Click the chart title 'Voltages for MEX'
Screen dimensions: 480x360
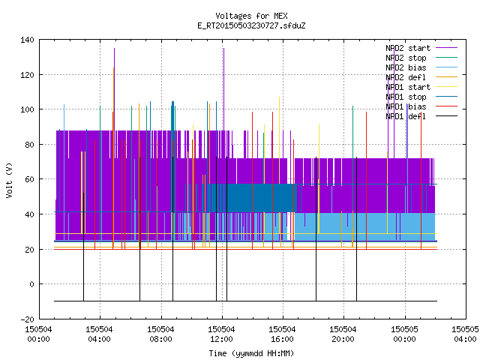(x=251, y=16)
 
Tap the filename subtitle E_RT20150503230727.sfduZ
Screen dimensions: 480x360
(x=251, y=25)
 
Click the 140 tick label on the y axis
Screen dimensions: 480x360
(x=27, y=40)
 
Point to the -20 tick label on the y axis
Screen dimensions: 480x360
(x=27, y=319)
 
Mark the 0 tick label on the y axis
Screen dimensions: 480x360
(x=31, y=284)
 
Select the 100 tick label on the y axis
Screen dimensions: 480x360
(x=27, y=109)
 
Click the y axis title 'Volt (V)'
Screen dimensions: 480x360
(x=9, y=180)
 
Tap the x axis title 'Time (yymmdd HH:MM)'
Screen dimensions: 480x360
(x=251, y=353)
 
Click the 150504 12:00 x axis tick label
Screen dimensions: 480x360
(x=221, y=334)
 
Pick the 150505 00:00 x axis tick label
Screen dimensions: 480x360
(x=404, y=334)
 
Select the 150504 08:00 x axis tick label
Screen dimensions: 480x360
(x=160, y=334)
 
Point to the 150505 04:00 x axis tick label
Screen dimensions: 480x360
(x=465, y=334)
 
